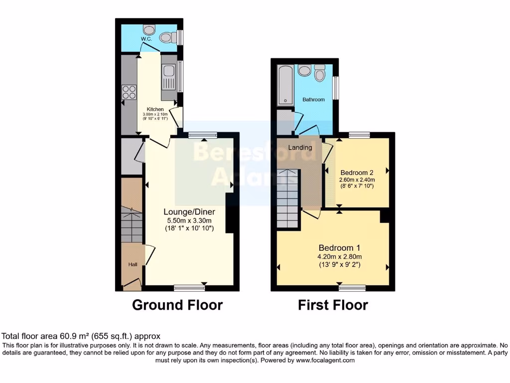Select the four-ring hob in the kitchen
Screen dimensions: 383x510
pyautogui.click(x=129, y=92)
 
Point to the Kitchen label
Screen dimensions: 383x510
pyautogui.click(x=155, y=109)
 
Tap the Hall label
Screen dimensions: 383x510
pyautogui.click(x=133, y=264)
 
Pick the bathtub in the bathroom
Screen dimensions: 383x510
pyautogui.click(x=286, y=84)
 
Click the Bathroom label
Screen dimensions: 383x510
pyautogui.click(x=314, y=100)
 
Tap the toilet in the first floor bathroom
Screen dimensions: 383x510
pyautogui.click(x=320, y=74)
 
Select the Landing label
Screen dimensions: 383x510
pyautogui.click(x=300, y=148)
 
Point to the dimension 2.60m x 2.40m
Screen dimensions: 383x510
pyautogui.click(x=357, y=180)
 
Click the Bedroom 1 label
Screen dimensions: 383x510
pyautogui.click(x=339, y=248)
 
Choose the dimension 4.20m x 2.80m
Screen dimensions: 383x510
pyautogui.click(x=339, y=257)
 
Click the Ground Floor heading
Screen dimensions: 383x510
pyautogui.click(x=177, y=305)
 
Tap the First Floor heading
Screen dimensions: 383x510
pyautogui.click(x=333, y=305)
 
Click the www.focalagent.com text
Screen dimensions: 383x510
pyautogui.click(x=325, y=360)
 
